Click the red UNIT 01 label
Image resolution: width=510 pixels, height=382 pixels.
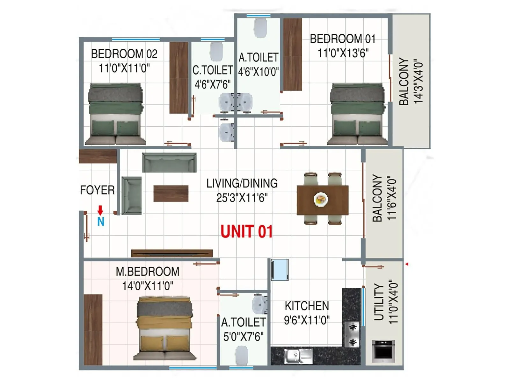coord(247,231)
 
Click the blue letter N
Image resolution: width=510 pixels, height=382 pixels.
coord(101,222)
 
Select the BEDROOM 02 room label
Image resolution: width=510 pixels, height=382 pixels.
coord(124,54)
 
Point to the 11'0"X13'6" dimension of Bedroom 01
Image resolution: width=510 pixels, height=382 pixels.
coord(343,53)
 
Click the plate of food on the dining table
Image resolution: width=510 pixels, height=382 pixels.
coord(321,200)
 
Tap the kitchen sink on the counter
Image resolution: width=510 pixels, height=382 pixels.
coord(298,356)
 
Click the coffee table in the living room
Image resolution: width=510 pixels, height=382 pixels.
coord(171,194)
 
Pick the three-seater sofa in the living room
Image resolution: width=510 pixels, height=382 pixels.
coord(169,162)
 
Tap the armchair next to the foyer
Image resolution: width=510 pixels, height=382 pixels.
coord(131,195)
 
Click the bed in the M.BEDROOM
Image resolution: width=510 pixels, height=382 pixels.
coord(164,328)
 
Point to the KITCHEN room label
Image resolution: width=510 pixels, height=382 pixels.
coord(307,306)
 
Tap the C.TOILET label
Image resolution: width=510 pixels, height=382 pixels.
coord(212,70)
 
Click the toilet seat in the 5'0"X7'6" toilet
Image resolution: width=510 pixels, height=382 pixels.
coord(242,356)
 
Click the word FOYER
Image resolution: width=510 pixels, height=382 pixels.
coord(97,190)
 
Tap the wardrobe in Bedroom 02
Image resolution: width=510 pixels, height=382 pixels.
coord(178,78)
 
